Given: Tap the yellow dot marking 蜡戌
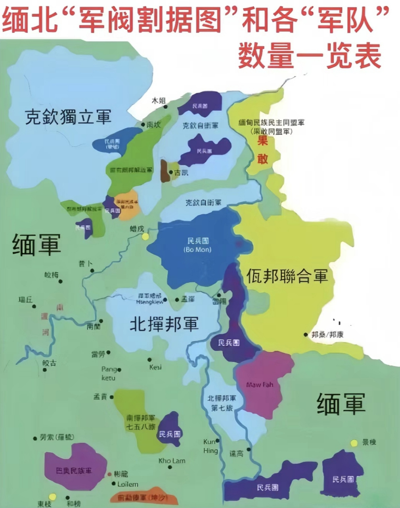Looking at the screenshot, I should [x=145, y=237].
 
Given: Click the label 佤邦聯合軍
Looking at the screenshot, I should [x=287, y=276].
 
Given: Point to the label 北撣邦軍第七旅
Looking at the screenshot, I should [x=222, y=403].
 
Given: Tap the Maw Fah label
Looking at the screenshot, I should [x=260, y=385].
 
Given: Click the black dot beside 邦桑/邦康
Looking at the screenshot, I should [x=306, y=335].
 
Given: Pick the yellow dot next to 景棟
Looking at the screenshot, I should [x=354, y=443].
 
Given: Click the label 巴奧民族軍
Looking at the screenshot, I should [x=74, y=471].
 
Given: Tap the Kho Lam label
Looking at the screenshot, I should [x=172, y=461].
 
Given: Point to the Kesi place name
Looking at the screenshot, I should [x=155, y=367].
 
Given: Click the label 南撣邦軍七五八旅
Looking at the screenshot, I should [x=141, y=422].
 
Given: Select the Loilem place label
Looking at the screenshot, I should [x=128, y=484].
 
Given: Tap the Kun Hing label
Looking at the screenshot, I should [x=210, y=446].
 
